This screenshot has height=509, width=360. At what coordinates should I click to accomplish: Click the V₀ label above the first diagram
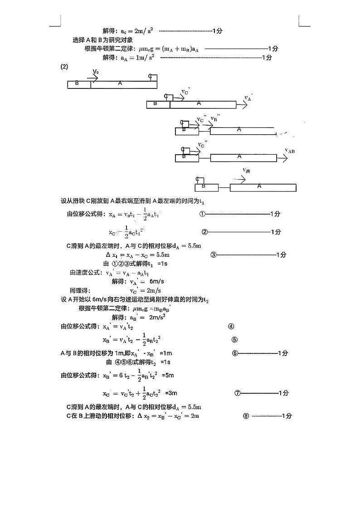96,72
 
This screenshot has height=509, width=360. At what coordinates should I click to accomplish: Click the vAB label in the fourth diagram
290,151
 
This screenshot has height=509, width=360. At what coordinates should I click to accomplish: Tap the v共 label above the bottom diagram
246,171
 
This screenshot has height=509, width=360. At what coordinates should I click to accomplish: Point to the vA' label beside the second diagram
248,98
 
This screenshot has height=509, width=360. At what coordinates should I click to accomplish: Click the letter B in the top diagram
77,83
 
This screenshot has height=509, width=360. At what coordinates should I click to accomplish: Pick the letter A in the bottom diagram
259,186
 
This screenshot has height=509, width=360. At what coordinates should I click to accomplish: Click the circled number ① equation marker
203,214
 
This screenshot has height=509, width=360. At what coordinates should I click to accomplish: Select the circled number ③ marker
214,254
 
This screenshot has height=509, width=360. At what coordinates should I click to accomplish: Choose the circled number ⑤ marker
234,339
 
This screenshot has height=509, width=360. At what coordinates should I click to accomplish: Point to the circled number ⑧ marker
246,416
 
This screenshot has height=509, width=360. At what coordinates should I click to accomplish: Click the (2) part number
64,67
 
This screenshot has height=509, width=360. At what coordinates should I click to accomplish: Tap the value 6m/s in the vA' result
144,281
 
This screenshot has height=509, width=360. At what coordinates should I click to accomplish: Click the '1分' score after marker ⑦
283,393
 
